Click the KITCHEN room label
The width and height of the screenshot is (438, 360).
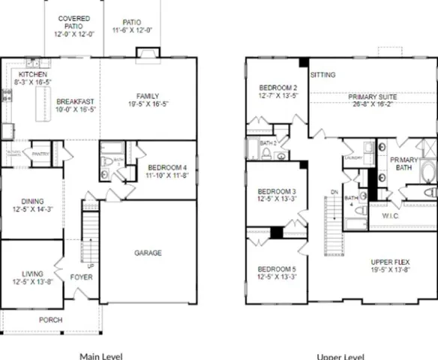point(33,75)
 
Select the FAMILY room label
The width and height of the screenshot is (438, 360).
point(147,95)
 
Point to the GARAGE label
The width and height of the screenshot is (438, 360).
point(147,253)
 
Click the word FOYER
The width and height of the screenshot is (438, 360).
point(82,275)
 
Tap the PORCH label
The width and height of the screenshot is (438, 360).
point(50,319)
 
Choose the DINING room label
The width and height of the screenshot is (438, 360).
point(32,201)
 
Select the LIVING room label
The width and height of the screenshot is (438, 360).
point(32,274)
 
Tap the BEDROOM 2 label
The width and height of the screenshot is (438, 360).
point(272,86)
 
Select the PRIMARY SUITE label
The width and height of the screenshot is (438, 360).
point(373,97)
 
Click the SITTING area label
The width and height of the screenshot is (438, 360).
point(323,75)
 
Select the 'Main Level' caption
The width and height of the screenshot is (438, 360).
point(101,355)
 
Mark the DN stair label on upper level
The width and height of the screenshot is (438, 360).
point(334,192)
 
